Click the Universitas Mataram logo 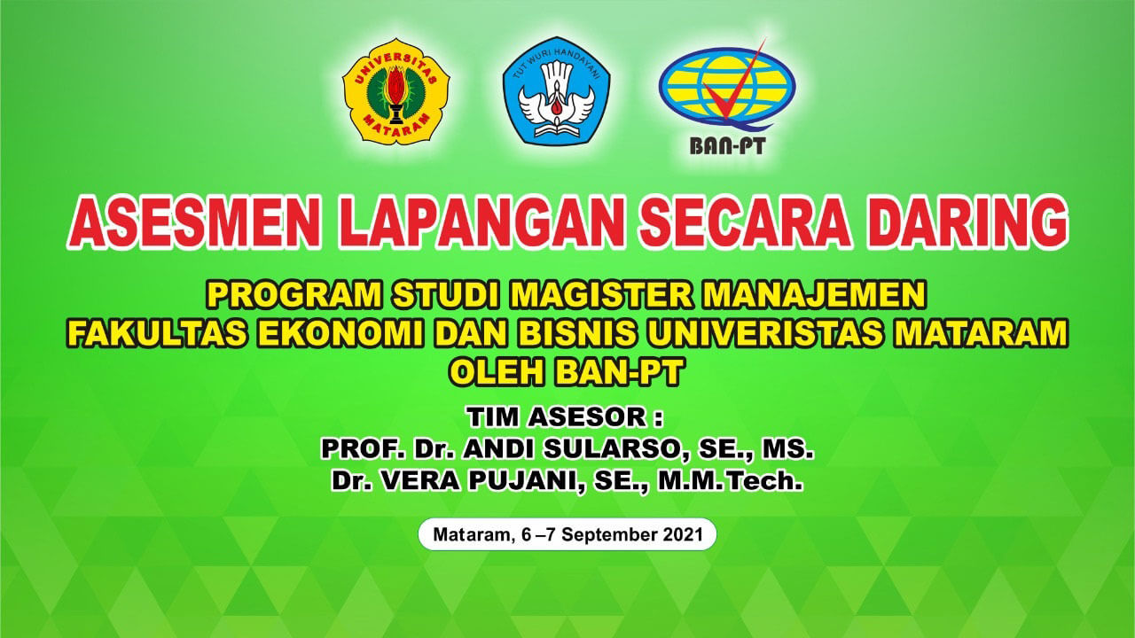click(x=395, y=91)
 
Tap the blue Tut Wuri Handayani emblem click(x=556, y=90)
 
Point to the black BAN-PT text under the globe click(x=727, y=146)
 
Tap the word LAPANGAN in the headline click(x=481, y=222)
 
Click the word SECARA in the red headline click(x=745, y=222)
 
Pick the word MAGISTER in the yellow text click(x=601, y=294)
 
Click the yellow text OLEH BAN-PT click(x=567, y=372)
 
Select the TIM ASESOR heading click(x=565, y=416)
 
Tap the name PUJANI click(x=523, y=480)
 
